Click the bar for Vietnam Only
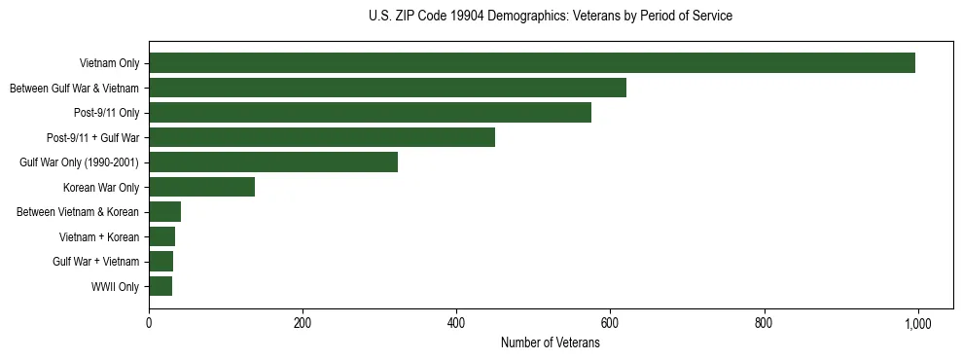click(x=532, y=63)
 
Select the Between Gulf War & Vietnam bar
click(x=387, y=88)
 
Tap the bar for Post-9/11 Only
click(x=370, y=113)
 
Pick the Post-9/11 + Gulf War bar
click(x=322, y=137)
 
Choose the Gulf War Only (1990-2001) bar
click(x=273, y=162)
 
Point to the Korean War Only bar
click(x=201, y=187)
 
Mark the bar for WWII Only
click(x=160, y=286)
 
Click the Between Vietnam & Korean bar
click(x=164, y=212)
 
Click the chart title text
click(x=551, y=17)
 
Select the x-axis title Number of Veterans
click(x=551, y=343)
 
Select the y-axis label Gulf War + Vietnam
click(x=96, y=262)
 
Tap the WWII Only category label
click(x=115, y=286)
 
